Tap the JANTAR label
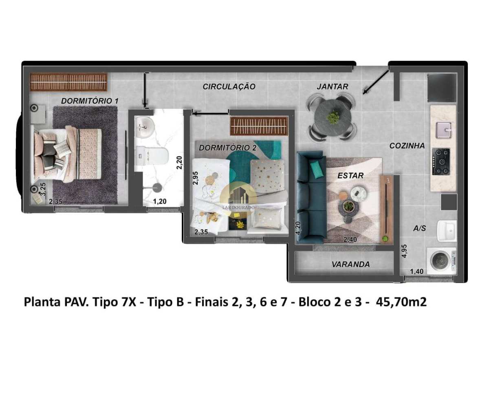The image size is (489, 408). click(333, 86)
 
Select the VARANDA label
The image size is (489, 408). click(350, 265)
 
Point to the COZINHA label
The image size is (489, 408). click(407, 146)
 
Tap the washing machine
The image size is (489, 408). click(441, 261)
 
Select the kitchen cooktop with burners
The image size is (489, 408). click(441, 161)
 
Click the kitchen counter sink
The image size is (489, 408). click(443, 130)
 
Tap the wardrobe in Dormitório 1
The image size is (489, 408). click(68, 82)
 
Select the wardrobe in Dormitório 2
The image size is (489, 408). click(259, 126)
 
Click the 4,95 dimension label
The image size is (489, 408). click(404, 251)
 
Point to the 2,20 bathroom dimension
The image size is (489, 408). click(179, 162)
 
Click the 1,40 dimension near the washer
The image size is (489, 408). click(416, 271)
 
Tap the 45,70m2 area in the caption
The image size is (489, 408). click(401, 302)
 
